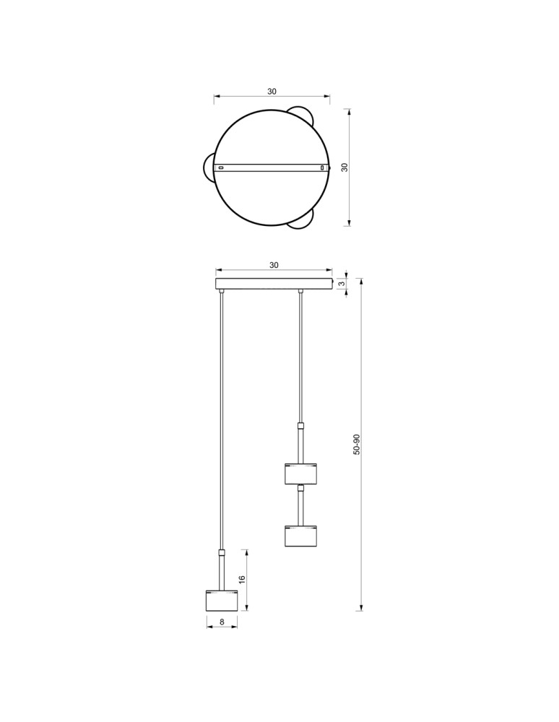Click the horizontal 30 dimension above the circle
(x=272, y=92)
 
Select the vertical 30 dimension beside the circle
(x=344, y=167)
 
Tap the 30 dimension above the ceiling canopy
(x=274, y=265)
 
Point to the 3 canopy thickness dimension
(x=342, y=284)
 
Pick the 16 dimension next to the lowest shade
(x=243, y=580)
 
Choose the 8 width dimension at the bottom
(x=222, y=621)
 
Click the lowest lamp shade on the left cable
(x=222, y=601)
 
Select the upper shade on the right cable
(x=300, y=474)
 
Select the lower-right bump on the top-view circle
(x=302, y=221)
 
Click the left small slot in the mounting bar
(x=222, y=168)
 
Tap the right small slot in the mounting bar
(x=323, y=168)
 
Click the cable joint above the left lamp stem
(x=222, y=552)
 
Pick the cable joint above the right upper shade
(x=300, y=425)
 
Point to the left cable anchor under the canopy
(x=222, y=292)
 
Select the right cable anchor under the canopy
(x=300, y=292)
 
